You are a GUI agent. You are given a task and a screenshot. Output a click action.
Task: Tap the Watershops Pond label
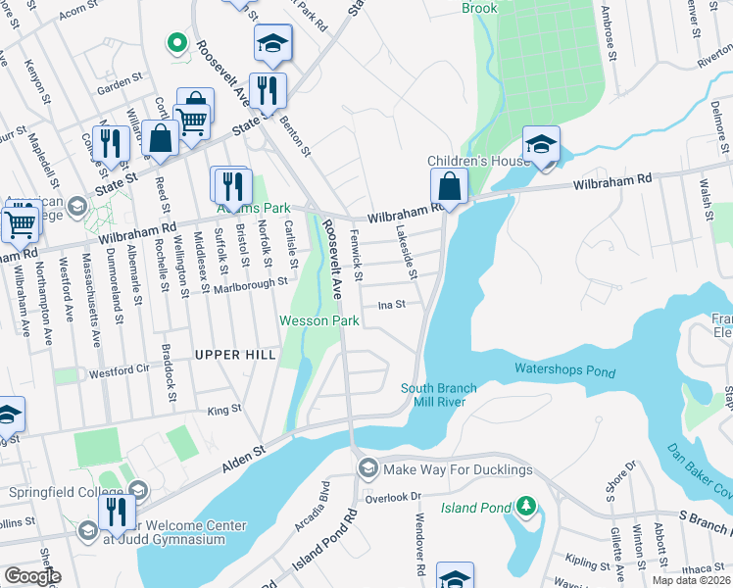coord(564,371)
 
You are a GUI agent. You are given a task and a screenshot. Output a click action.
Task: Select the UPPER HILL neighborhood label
coord(235,354)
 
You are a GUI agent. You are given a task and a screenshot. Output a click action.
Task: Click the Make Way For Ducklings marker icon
coord(367,468)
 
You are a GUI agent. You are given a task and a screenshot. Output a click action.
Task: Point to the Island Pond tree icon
coord(526,506)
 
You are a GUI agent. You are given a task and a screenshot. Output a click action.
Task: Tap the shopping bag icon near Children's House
coord(449,184)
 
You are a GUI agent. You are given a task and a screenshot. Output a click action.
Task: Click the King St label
coord(223,412)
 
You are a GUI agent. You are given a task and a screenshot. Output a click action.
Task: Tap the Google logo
coord(33,576)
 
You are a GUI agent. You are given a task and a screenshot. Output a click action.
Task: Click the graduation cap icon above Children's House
coord(541,144)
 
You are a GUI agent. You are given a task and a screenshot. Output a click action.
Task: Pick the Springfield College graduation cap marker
coord(138,490)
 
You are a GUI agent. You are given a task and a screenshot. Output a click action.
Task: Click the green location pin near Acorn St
coord(176,42)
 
